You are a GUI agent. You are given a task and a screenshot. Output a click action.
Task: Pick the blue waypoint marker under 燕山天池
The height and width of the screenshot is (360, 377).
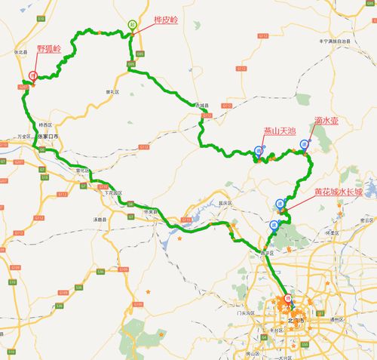tap(259, 150)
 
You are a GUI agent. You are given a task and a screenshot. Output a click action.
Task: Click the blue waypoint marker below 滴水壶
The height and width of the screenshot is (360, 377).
tap(305, 143)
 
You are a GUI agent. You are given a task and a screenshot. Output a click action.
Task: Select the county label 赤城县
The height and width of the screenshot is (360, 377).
tap(200, 106)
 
